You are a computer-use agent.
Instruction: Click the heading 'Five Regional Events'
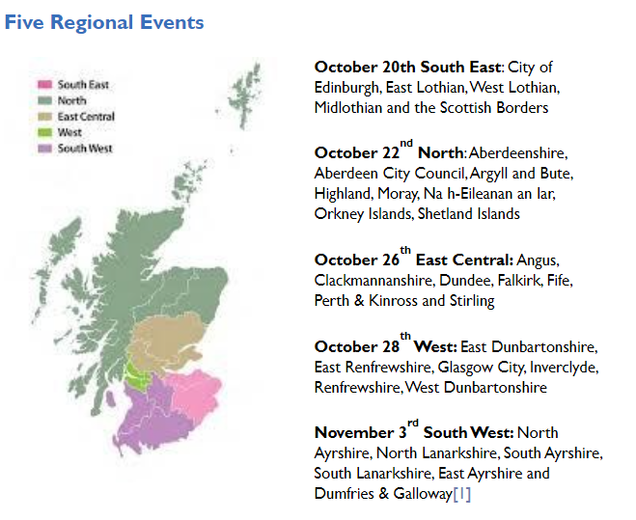(x=104, y=21)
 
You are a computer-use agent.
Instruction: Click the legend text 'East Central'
(x=86, y=117)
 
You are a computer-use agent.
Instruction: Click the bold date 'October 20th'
(x=363, y=67)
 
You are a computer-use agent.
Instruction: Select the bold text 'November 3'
(x=353, y=432)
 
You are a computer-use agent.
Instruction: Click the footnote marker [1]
(x=462, y=494)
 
